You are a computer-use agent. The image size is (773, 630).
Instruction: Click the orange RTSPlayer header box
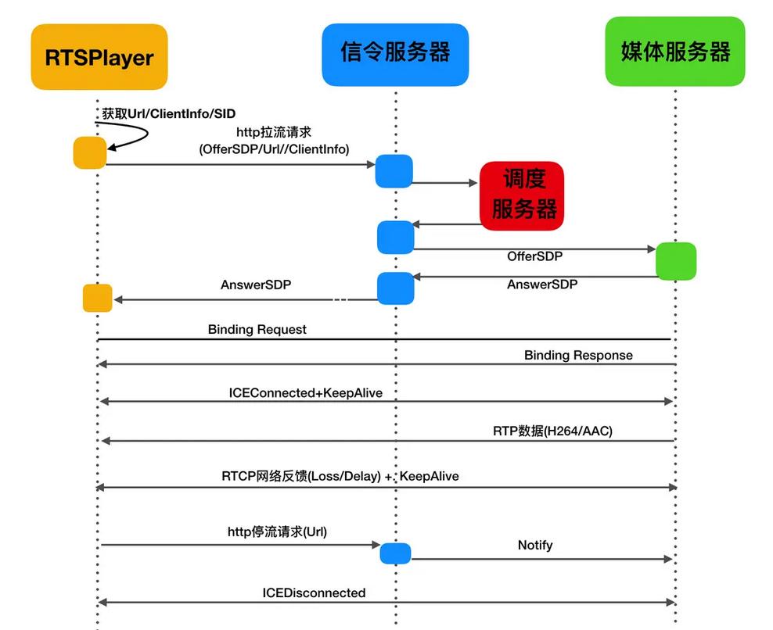(99, 56)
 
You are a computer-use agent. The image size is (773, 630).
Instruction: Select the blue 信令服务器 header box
(395, 54)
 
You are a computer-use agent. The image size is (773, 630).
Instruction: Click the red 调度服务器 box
(523, 195)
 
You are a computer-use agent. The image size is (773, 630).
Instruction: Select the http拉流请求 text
(274, 133)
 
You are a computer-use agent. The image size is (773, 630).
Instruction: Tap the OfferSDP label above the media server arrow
(534, 256)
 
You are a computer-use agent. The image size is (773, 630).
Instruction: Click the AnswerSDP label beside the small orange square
(256, 285)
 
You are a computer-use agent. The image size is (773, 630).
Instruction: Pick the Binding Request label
(257, 329)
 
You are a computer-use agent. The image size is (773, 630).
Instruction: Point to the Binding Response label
(578, 355)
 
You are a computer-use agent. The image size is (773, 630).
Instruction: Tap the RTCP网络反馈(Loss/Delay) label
(302, 475)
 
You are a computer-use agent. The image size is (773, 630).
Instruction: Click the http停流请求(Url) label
(277, 532)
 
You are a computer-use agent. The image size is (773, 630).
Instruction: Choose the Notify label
(535, 545)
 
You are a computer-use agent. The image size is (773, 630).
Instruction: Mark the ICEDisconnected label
(314, 592)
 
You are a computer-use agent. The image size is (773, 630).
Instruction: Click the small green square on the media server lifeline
(675, 261)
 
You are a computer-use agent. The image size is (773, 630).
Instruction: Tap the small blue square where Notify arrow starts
(395, 553)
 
